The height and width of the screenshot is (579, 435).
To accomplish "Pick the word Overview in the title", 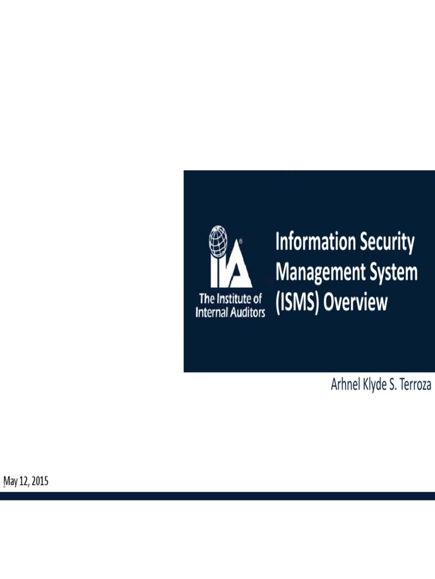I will tap(355, 303).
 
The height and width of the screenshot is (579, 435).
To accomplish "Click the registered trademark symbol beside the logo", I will tap(241, 240).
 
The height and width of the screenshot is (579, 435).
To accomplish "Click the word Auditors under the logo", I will tap(246, 312).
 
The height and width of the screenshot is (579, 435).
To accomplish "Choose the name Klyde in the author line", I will tap(380, 386).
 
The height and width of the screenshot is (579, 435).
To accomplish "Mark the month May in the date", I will tap(11, 482).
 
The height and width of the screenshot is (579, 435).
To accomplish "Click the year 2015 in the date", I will tap(39, 482).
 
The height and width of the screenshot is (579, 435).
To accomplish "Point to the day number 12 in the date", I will tap(24, 482).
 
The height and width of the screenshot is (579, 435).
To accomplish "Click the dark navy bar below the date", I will tap(217, 496).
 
